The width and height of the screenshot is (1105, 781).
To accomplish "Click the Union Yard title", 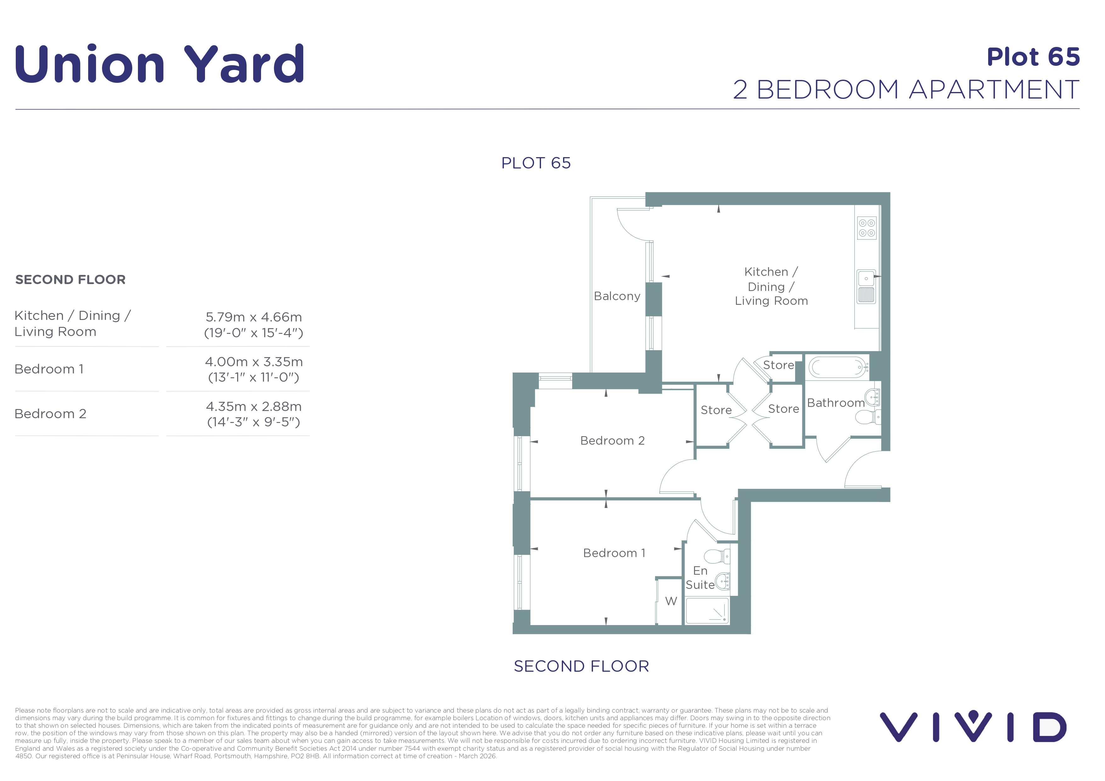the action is (159, 64).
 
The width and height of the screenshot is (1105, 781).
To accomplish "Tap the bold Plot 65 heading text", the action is (1033, 57).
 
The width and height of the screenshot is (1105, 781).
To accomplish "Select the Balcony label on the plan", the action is (617, 296).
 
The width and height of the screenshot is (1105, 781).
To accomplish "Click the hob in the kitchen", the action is (867, 228).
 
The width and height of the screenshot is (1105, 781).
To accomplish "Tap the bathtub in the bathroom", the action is (838, 368).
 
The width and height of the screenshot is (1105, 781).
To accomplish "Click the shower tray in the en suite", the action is (708, 611).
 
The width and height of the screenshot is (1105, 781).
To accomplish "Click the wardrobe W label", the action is (671, 601).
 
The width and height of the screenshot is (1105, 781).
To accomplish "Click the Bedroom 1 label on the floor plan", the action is (614, 553).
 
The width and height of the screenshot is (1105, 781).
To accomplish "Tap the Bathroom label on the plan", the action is (836, 403).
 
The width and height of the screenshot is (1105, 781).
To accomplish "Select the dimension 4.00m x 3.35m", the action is (253, 362).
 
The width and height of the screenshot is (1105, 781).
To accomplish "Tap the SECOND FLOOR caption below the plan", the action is (581, 666).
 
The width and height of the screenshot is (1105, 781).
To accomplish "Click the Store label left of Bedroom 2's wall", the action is (716, 410).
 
